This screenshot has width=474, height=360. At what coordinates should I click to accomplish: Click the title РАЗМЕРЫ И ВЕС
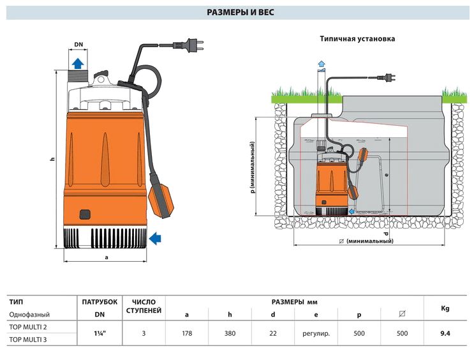(x=241, y=12)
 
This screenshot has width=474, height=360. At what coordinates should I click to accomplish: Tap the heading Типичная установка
(x=357, y=39)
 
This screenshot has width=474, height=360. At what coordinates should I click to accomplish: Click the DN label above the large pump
(x=78, y=45)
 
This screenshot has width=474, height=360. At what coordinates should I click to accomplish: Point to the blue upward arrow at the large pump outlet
(x=78, y=63)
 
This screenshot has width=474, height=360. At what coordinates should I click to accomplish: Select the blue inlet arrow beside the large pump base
(x=155, y=238)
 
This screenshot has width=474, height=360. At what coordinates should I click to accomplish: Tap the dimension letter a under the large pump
(x=107, y=257)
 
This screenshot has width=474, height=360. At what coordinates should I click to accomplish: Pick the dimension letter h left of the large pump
(x=52, y=158)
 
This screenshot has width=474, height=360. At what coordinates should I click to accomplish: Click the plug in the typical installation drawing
(x=387, y=78)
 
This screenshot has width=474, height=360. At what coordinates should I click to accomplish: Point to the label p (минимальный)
(x=253, y=167)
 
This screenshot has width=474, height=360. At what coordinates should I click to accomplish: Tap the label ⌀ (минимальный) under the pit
(x=366, y=241)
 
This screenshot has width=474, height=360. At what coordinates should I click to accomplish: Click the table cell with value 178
(x=187, y=333)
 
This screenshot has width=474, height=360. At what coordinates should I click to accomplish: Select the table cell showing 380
(x=230, y=333)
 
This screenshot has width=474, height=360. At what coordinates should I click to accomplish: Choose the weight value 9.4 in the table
(x=445, y=333)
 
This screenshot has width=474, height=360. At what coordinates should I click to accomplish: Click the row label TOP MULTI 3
(x=28, y=340)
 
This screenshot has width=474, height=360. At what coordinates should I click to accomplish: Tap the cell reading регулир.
(x=316, y=334)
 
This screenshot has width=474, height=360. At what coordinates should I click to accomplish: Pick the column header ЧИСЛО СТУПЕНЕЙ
(x=144, y=306)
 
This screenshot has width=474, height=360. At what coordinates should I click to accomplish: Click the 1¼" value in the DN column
(x=100, y=333)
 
